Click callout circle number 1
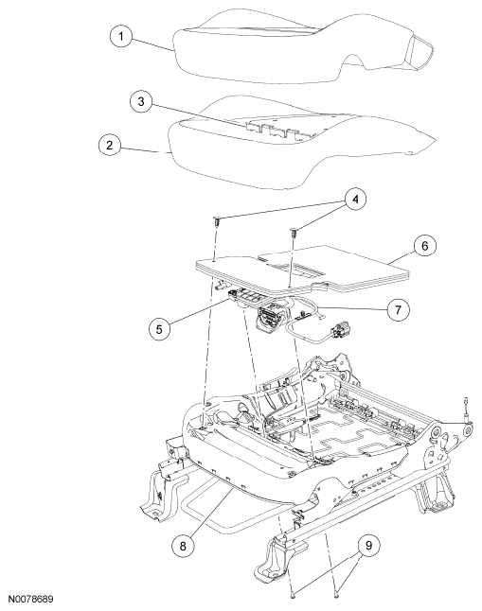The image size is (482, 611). tap(121, 37)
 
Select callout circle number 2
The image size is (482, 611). tap(109, 145)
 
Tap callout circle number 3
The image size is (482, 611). tap(141, 101)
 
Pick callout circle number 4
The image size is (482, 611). tap(355, 200)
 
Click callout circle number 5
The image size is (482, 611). tap(159, 329)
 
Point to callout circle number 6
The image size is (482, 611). tap(424, 246)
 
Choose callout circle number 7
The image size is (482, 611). tap(398, 310)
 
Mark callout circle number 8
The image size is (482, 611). tap(183, 546)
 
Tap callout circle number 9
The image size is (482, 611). tap(368, 545)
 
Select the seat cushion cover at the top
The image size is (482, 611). tap(303, 46)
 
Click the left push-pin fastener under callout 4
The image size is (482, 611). tap(216, 222)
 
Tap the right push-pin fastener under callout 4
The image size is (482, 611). tap(293, 234)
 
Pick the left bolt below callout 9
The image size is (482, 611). tap(294, 593)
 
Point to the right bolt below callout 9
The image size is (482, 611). tap(337, 594)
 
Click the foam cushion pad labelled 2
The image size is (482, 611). tap(301, 143)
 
